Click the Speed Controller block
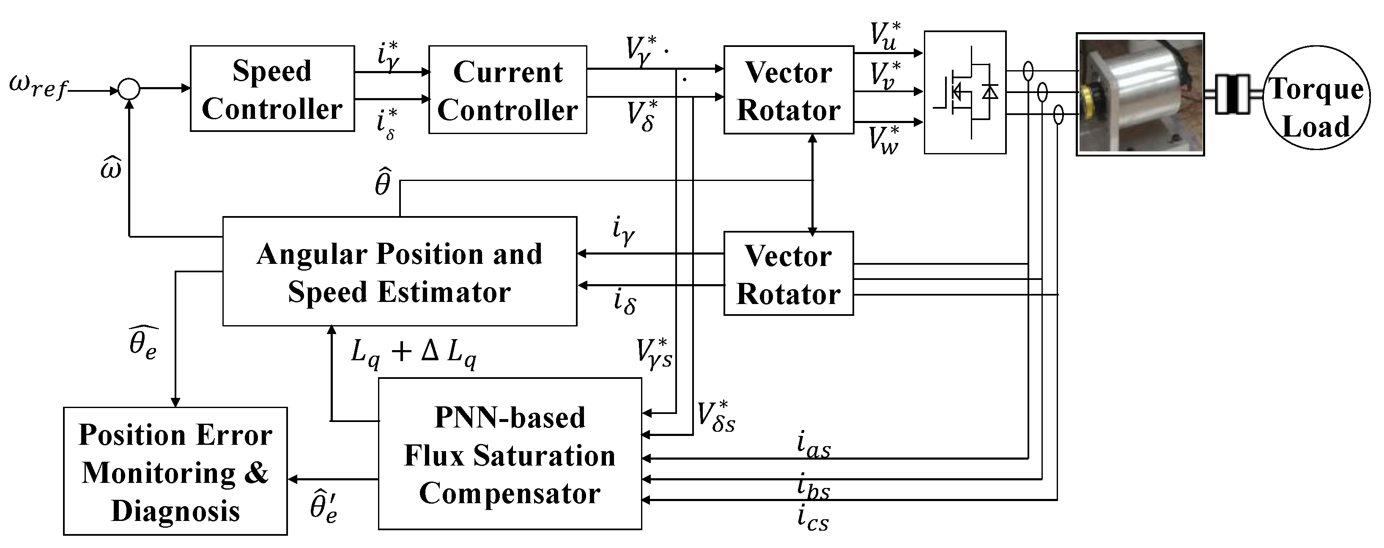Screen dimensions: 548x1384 click(272, 89)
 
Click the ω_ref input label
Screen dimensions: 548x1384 click(38, 87)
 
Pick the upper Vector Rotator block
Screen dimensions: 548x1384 click(788, 90)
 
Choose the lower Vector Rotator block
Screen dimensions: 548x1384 click(788, 274)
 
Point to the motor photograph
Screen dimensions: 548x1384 click(1140, 95)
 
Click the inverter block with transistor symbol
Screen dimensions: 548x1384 click(965, 93)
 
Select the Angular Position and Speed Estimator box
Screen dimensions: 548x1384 click(399, 271)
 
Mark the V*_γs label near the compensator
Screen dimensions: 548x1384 click(654, 353)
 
